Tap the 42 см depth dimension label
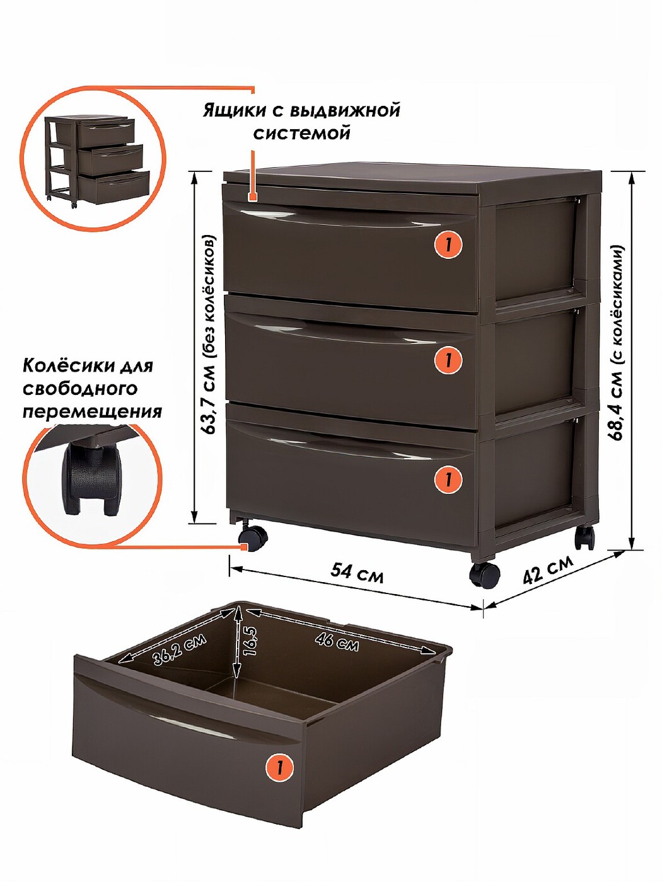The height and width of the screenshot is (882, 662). [549, 570]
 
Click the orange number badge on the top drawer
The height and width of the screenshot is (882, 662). [448, 244]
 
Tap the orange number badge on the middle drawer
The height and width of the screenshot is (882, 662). [448, 360]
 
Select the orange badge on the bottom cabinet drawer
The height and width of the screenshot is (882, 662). [448, 479]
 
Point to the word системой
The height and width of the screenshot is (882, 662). [301, 132]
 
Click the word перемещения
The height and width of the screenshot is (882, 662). [93, 411]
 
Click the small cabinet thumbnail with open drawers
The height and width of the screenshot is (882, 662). [97, 160]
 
